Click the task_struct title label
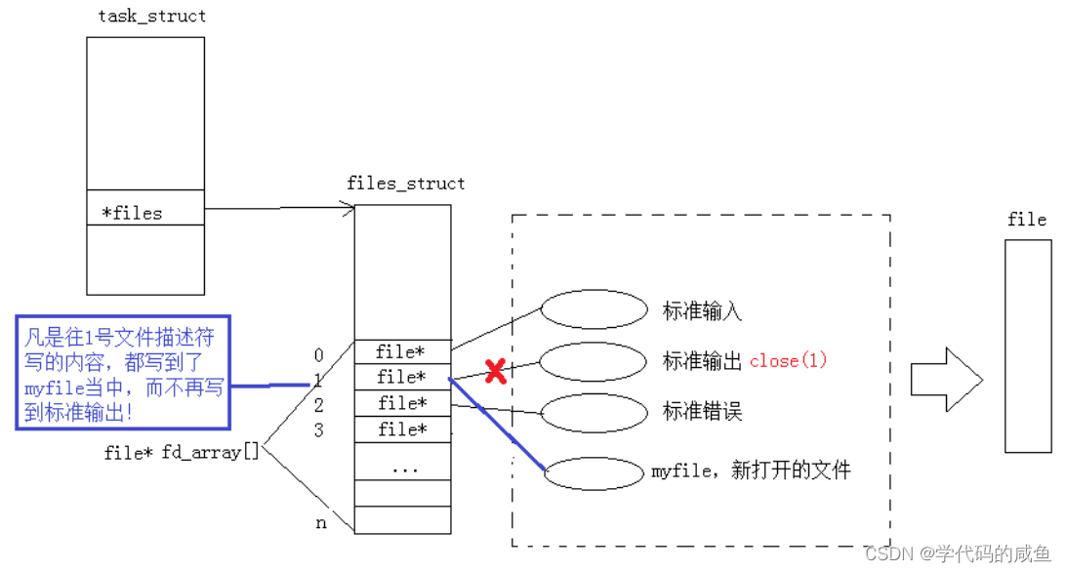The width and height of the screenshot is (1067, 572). coord(152,17)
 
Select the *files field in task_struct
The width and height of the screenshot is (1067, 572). coord(132,213)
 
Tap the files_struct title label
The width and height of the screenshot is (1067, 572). coord(406,184)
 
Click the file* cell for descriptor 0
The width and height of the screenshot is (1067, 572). coord(402,351)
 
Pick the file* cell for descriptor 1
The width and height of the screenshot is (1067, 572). coord(402,377)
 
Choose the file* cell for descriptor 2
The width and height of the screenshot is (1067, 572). coord(402,403)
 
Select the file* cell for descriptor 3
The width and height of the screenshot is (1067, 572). coord(402,429)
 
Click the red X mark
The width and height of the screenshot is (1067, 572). coord(496,371)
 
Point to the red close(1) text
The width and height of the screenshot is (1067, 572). coord(788,361)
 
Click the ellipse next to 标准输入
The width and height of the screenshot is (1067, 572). coord(594,310)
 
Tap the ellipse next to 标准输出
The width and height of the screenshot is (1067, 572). coord(594,362)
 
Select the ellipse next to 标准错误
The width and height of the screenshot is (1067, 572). coord(594,412)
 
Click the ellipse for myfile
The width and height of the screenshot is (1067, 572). coord(594,473)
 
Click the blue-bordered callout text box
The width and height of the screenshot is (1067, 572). coord(123,371)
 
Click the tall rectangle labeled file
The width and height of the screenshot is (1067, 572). coord(1028,346)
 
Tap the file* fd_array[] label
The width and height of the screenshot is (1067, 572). coord(182,453)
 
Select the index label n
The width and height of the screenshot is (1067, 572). coord(320,523)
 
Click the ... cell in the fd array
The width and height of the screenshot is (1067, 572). coord(402,468)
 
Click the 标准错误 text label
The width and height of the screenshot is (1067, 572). coord(702,412)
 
